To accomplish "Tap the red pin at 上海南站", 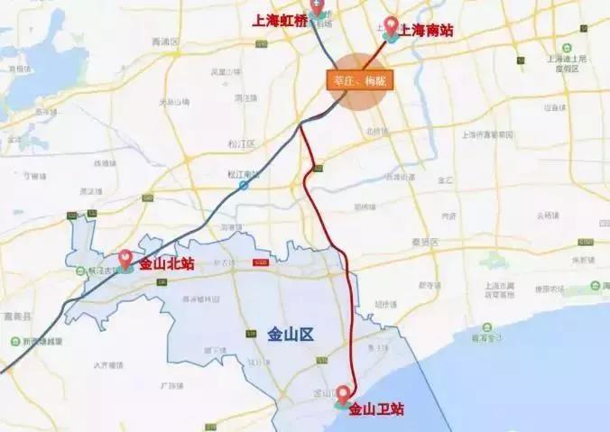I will [391, 25].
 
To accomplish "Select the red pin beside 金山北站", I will [125, 259].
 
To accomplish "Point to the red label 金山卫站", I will [375, 409].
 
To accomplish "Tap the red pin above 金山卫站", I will [343, 394].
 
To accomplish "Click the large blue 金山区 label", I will [290, 335].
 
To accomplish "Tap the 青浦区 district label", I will [167, 41].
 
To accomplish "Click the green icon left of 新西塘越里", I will [14, 341].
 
